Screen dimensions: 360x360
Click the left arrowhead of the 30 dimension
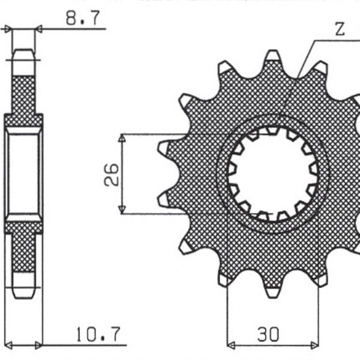[232, 344]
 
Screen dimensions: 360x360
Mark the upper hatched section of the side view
[23, 90]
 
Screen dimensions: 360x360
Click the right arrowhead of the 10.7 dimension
[39, 344]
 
